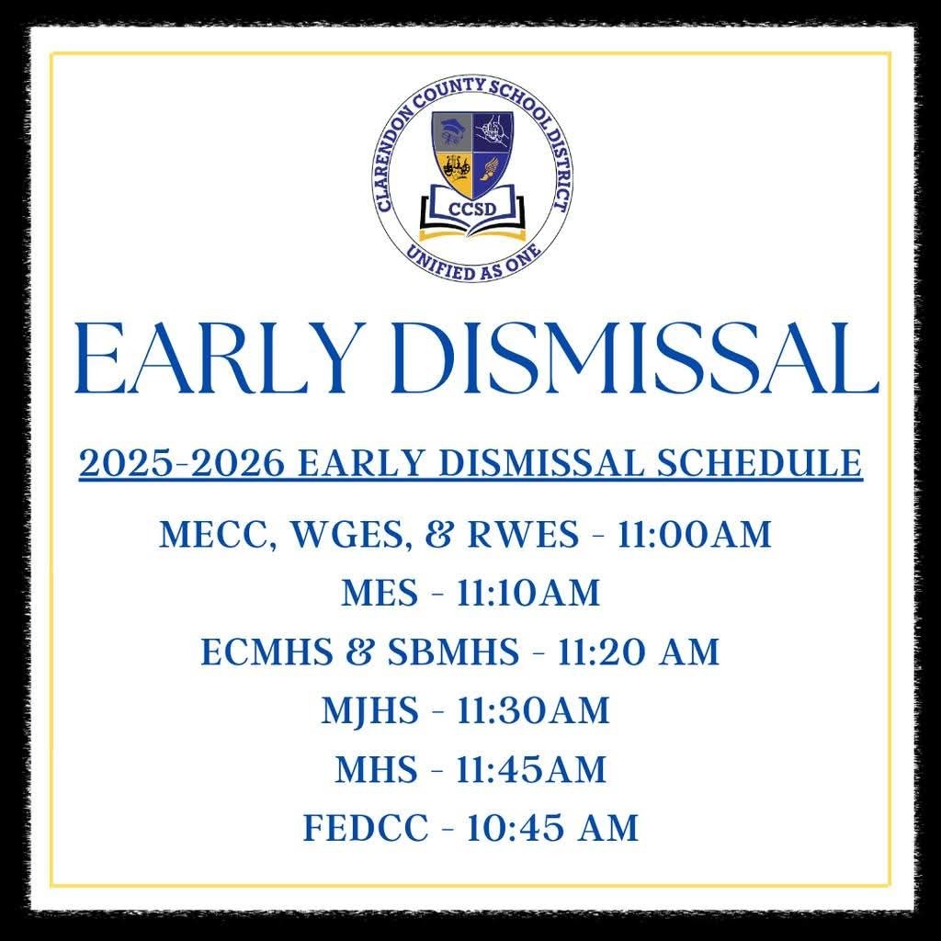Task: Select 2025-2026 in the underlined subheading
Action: point(181,463)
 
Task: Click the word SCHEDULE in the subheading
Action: point(759,463)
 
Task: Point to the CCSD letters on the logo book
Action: point(472,209)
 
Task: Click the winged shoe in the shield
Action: point(491,172)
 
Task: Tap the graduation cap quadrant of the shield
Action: point(451,132)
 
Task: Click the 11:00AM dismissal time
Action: point(694,534)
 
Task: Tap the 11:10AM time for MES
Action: point(528,593)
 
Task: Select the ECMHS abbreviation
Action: point(266,652)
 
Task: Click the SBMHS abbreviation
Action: point(453,652)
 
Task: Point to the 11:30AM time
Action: point(533,710)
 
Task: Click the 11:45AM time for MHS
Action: point(532,769)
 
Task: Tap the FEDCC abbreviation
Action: point(366,828)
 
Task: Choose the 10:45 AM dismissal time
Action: point(552,828)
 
